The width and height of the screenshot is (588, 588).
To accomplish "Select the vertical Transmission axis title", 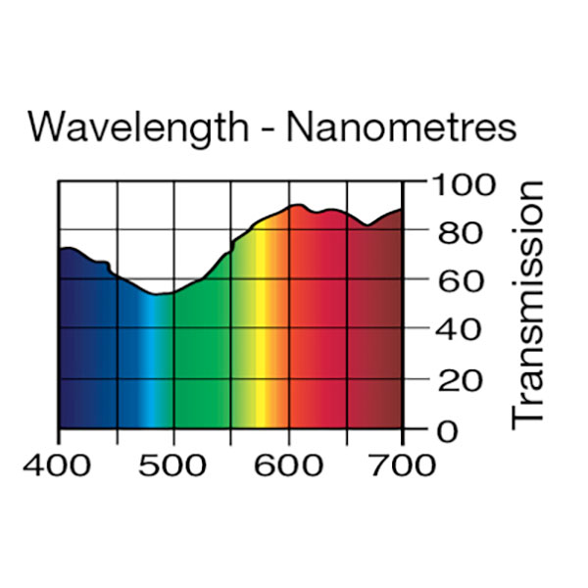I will click(527, 303).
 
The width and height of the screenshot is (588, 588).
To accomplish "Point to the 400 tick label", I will click(58, 463).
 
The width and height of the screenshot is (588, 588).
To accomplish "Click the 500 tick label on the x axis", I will click(173, 463).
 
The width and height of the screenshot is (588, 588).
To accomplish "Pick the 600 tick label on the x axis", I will click(288, 463).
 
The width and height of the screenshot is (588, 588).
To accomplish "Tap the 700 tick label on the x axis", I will click(402, 463).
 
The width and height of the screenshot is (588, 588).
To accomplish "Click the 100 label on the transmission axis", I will click(458, 183).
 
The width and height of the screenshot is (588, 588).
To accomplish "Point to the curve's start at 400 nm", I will click(60, 250).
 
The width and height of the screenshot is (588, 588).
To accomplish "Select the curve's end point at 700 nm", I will click(401, 209).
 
